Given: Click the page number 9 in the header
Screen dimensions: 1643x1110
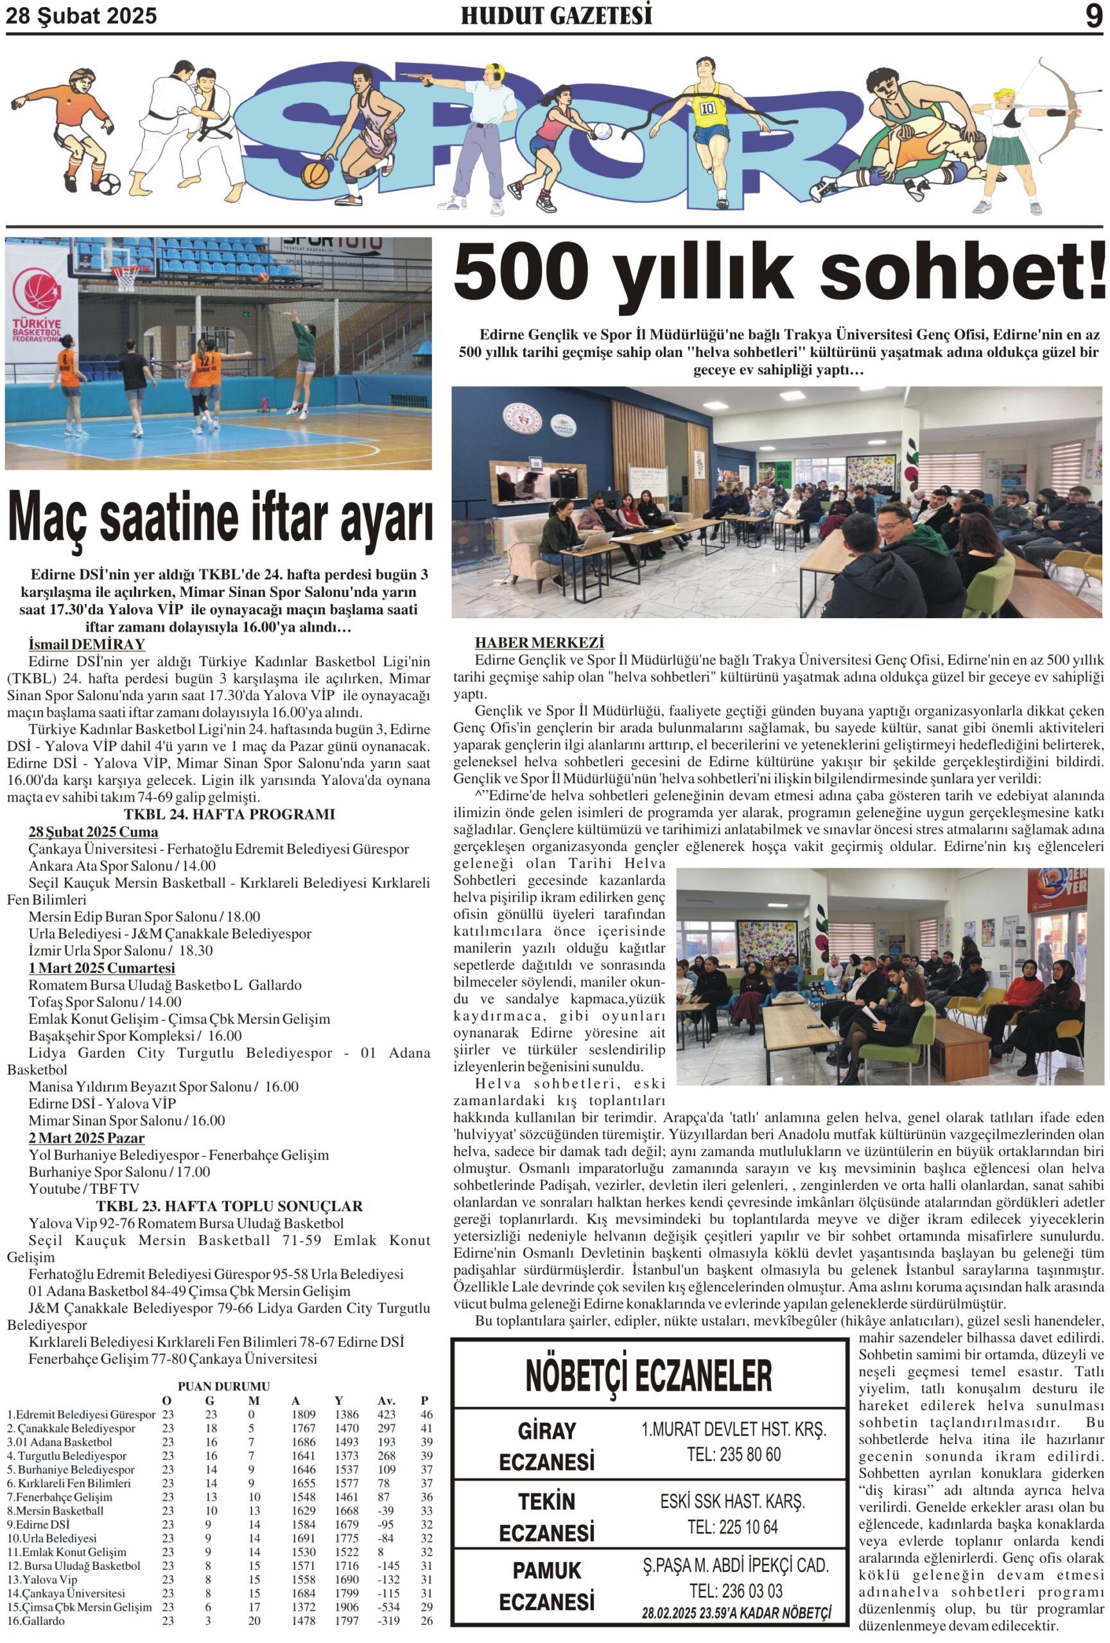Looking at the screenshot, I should pyautogui.click(x=1093, y=15).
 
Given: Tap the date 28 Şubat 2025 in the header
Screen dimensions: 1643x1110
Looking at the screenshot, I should pyautogui.click(x=82, y=16).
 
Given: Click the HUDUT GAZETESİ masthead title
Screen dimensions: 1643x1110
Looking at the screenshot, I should pyautogui.click(x=556, y=15).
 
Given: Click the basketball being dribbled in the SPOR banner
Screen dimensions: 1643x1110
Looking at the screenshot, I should pyautogui.click(x=315, y=173).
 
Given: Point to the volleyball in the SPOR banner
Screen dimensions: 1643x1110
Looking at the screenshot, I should pyautogui.click(x=602, y=131).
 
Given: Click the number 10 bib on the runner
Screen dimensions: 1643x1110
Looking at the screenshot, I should pyautogui.click(x=707, y=109).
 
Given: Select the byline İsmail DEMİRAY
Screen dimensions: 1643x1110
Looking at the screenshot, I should pyautogui.click(x=86, y=644).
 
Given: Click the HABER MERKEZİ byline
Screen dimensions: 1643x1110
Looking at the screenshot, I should pyautogui.click(x=539, y=642).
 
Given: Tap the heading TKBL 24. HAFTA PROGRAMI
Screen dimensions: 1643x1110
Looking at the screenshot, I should pyautogui.click(x=229, y=814).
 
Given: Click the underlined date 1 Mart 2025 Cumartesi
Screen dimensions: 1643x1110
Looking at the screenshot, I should pyautogui.click(x=102, y=968).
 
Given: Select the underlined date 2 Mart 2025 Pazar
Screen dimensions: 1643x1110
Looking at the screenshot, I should pyautogui.click(x=86, y=1137).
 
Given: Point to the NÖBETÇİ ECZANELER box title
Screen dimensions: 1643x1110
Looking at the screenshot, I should pyautogui.click(x=648, y=1375).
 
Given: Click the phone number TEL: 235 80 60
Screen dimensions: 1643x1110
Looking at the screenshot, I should pyautogui.click(x=733, y=1454).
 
